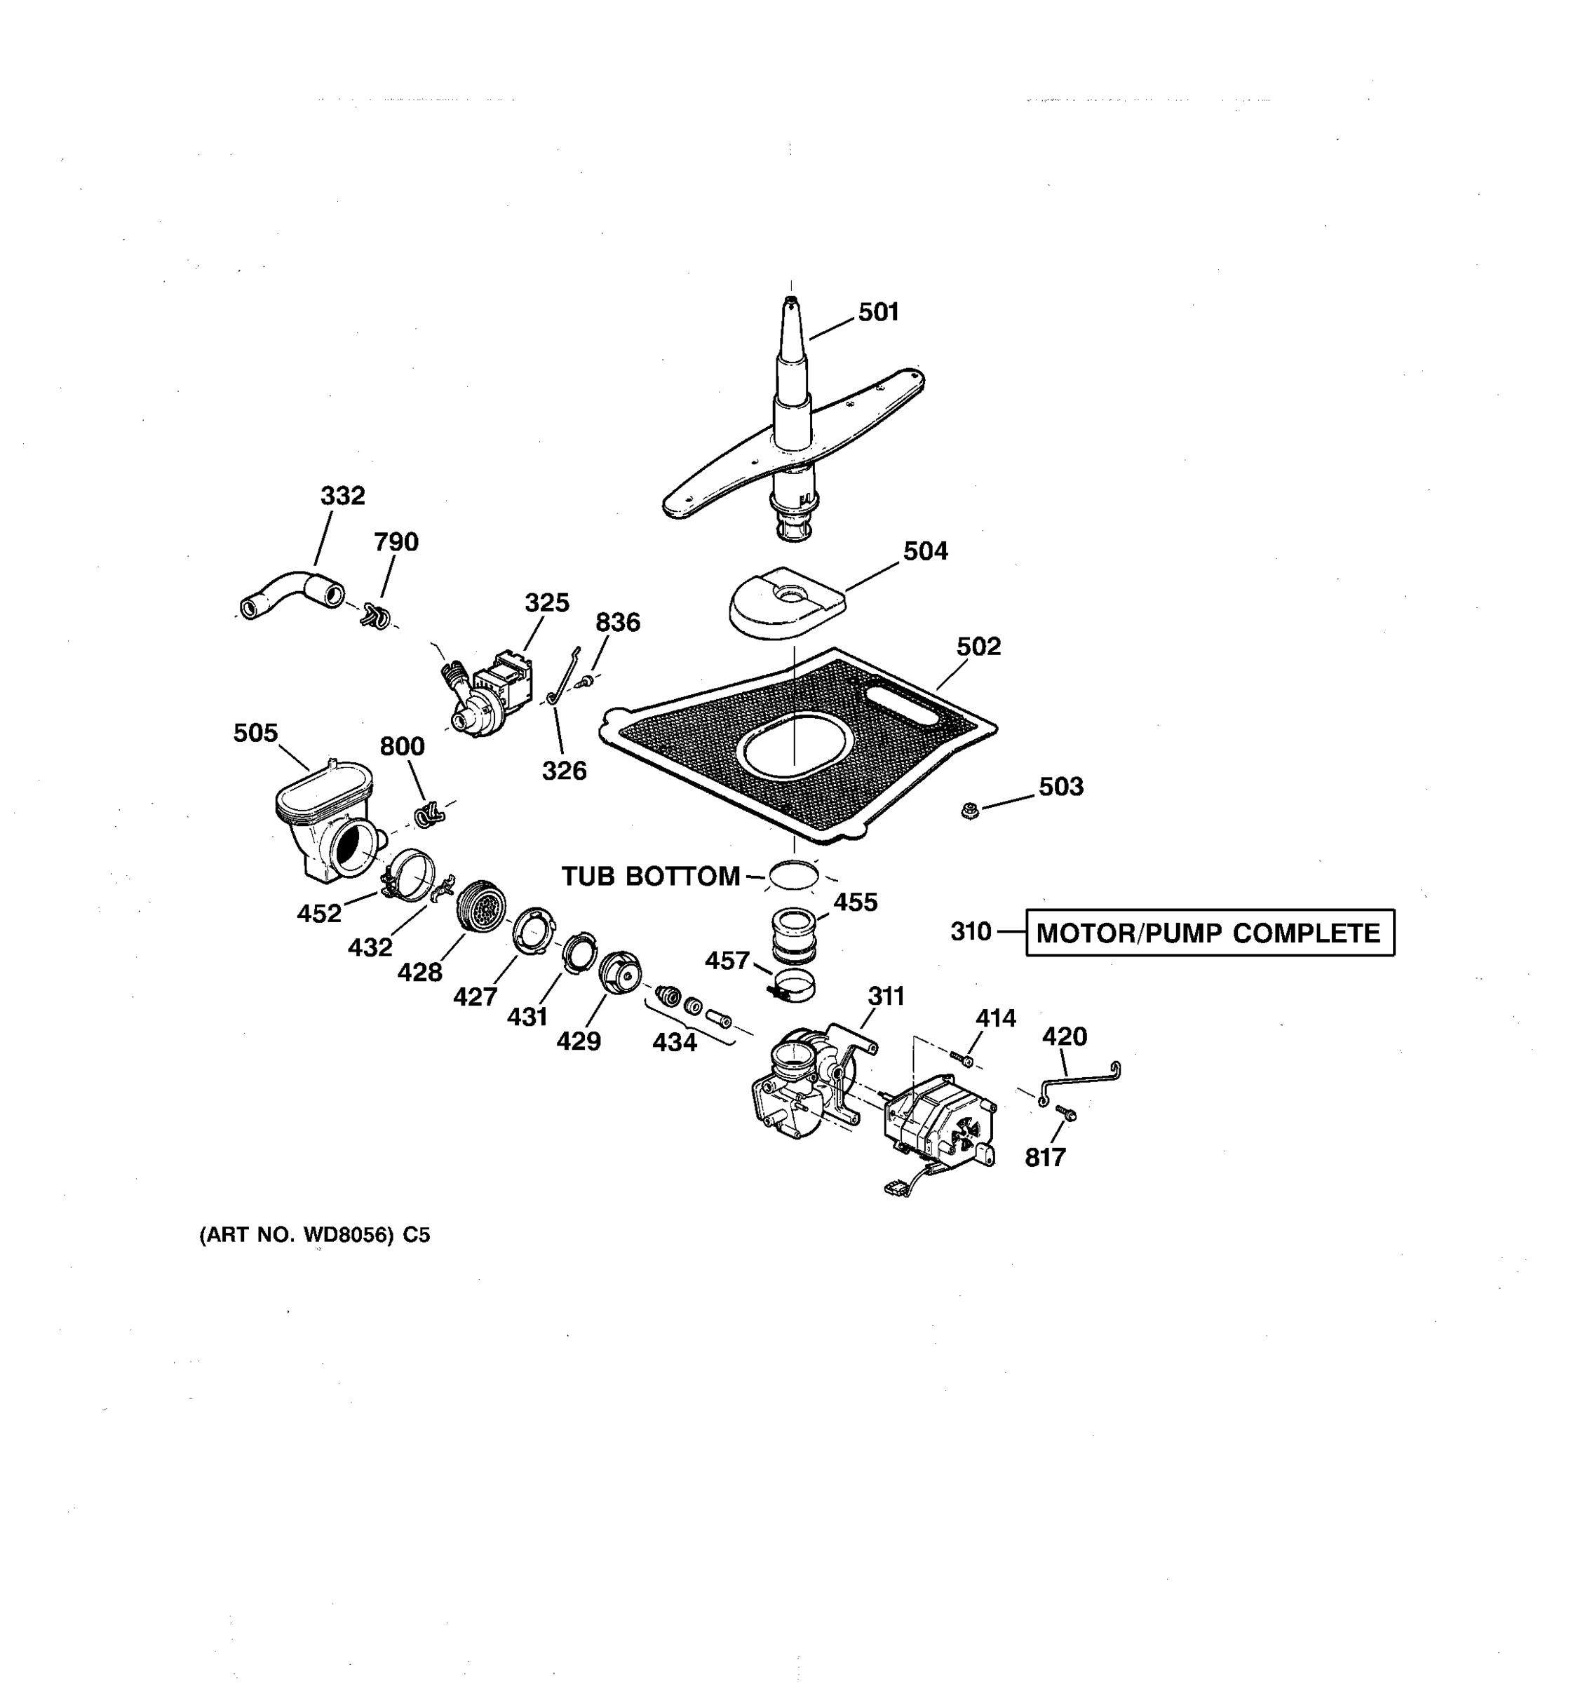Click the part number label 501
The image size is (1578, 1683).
pyautogui.click(x=878, y=312)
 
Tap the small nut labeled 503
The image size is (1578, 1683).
pyautogui.click(x=969, y=811)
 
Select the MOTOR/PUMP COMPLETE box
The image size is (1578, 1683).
pyautogui.click(x=1209, y=933)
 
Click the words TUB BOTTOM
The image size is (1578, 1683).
pyautogui.click(x=650, y=876)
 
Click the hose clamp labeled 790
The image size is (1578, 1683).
pyautogui.click(x=376, y=616)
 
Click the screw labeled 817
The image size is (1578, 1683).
pyautogui.click(x=1067, y=1114)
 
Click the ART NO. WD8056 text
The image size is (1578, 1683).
pyautogui.click(x=314, y=1235)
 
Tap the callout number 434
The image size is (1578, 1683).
pyautogui.click(x=674, y=1042)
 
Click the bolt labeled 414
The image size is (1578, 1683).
pyautogui.click(x=962, y=1058)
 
